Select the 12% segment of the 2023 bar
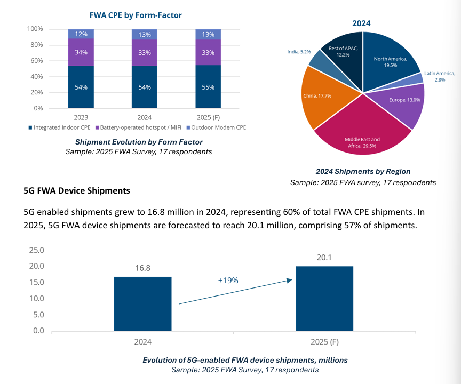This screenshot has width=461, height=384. pos(81,34)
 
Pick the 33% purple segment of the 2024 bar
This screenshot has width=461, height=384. pos(145,52)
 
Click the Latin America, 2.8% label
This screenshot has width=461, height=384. pos(441,76)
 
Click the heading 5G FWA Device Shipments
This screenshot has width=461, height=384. pos(77,190)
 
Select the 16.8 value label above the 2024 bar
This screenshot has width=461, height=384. pos(142,268)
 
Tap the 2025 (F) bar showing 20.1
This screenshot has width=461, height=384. pos(324,298)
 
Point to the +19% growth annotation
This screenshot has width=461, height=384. pos(227,280)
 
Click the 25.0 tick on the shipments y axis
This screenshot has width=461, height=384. pos(36,250)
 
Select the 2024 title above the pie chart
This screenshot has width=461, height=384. pos(361,23)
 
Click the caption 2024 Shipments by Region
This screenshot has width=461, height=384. pos(363,171)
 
